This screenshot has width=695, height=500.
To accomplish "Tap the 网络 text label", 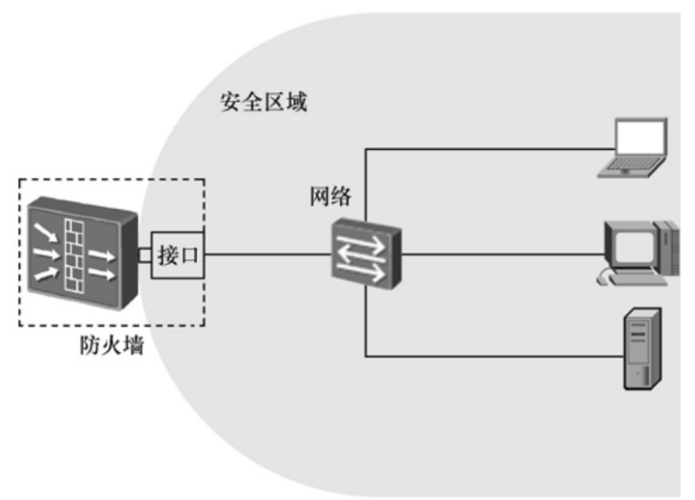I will (329, 196).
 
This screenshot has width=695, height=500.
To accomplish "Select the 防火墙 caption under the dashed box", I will (111, 345).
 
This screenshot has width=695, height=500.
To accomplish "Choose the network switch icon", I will (365, 254).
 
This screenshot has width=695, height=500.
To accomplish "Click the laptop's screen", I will (640, 136).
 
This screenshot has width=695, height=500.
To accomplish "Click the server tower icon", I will (643, 348).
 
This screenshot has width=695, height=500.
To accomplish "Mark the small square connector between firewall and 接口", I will (144, 255).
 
